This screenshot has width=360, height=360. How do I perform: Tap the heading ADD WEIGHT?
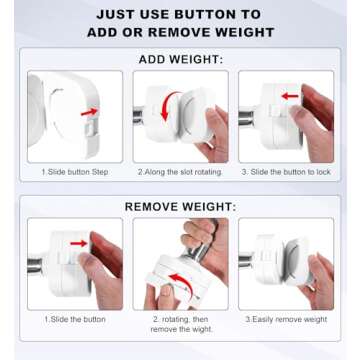181,60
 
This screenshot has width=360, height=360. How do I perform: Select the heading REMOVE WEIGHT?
180,207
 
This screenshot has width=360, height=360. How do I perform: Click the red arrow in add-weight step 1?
89,112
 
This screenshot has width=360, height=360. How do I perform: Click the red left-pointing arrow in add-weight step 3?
290,96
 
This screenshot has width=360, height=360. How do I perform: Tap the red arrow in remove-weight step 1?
79,243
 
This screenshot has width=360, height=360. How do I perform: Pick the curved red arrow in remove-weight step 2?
183,283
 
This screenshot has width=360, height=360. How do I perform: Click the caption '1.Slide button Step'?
75,172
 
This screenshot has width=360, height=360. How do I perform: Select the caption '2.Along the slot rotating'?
180,172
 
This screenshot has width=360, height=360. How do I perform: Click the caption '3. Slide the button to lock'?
286,172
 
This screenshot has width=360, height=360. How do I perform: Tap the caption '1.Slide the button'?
75,319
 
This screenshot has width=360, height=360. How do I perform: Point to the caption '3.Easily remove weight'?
286,319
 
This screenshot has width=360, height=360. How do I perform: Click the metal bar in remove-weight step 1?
37,265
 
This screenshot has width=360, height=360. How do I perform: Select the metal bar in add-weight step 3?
248,117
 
